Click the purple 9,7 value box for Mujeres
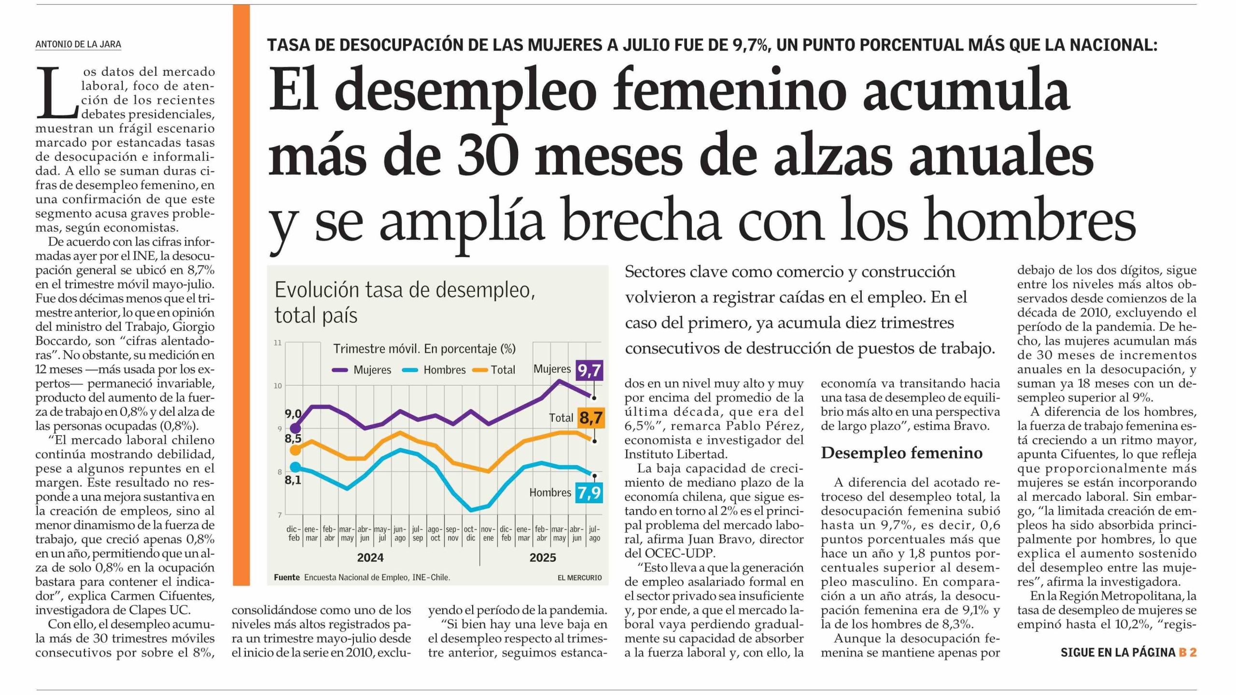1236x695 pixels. tap(590, 370)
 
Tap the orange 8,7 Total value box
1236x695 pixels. tap(591, 417)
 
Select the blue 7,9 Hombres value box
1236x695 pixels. tap(589, 493)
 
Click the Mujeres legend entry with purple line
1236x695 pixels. tap(362, 370)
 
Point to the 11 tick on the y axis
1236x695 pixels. tap(278, 343)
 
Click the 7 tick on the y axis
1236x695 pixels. tap(280, 515)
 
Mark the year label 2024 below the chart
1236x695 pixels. tap(370, 558)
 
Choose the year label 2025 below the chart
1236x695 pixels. tap(543, 558)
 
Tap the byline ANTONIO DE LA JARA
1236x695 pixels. tap(78, 44)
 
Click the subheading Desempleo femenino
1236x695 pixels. tap(901, 453)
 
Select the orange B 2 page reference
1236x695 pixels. tap(1187, 652)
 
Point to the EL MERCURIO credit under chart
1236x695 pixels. tap(579, 578)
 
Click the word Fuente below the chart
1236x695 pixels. tap(287, 578)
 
